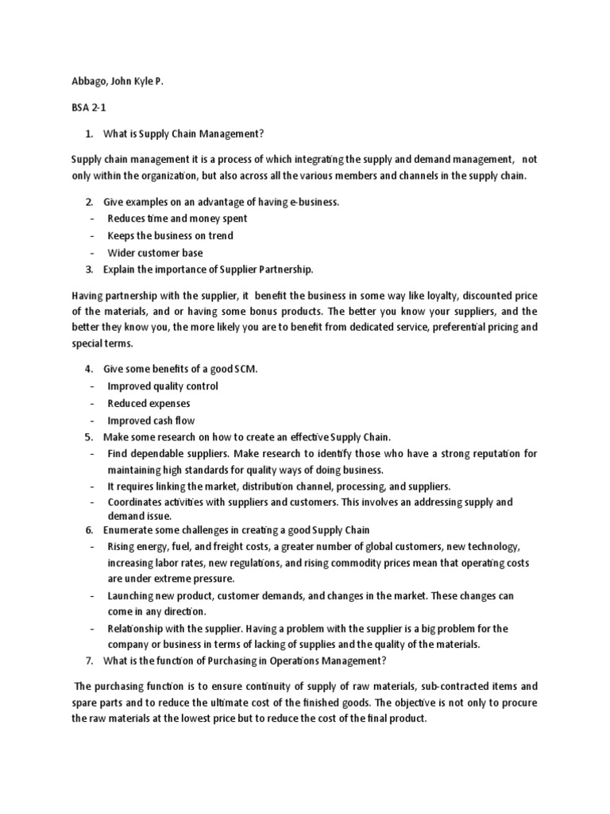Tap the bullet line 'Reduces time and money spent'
177,219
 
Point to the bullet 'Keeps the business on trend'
170,236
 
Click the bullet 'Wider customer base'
155,254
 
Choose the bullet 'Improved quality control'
163,386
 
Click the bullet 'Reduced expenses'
149,404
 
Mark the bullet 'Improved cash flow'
151,421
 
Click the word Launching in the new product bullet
133,595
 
